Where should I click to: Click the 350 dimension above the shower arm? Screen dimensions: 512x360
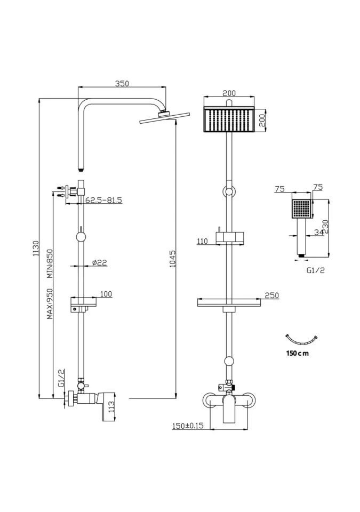[122, 83]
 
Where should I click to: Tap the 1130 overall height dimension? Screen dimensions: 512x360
[36, 249]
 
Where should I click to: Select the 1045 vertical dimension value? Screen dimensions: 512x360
[172, 259]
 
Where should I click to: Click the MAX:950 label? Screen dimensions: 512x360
[49, 305]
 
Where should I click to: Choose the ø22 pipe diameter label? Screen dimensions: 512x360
[100, 262]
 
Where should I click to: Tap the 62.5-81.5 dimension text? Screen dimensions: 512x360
[104, 200]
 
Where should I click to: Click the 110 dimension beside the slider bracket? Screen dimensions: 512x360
[202, 241]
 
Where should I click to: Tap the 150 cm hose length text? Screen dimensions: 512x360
[298, 353]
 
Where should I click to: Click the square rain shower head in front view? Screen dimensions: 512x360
[229, 119]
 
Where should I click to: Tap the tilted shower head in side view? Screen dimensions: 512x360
[158, 118]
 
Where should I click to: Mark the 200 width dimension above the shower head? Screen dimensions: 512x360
[229, 93]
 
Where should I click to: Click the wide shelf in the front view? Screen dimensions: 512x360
[229, 303]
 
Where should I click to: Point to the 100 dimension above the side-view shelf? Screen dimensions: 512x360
[106, 294]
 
